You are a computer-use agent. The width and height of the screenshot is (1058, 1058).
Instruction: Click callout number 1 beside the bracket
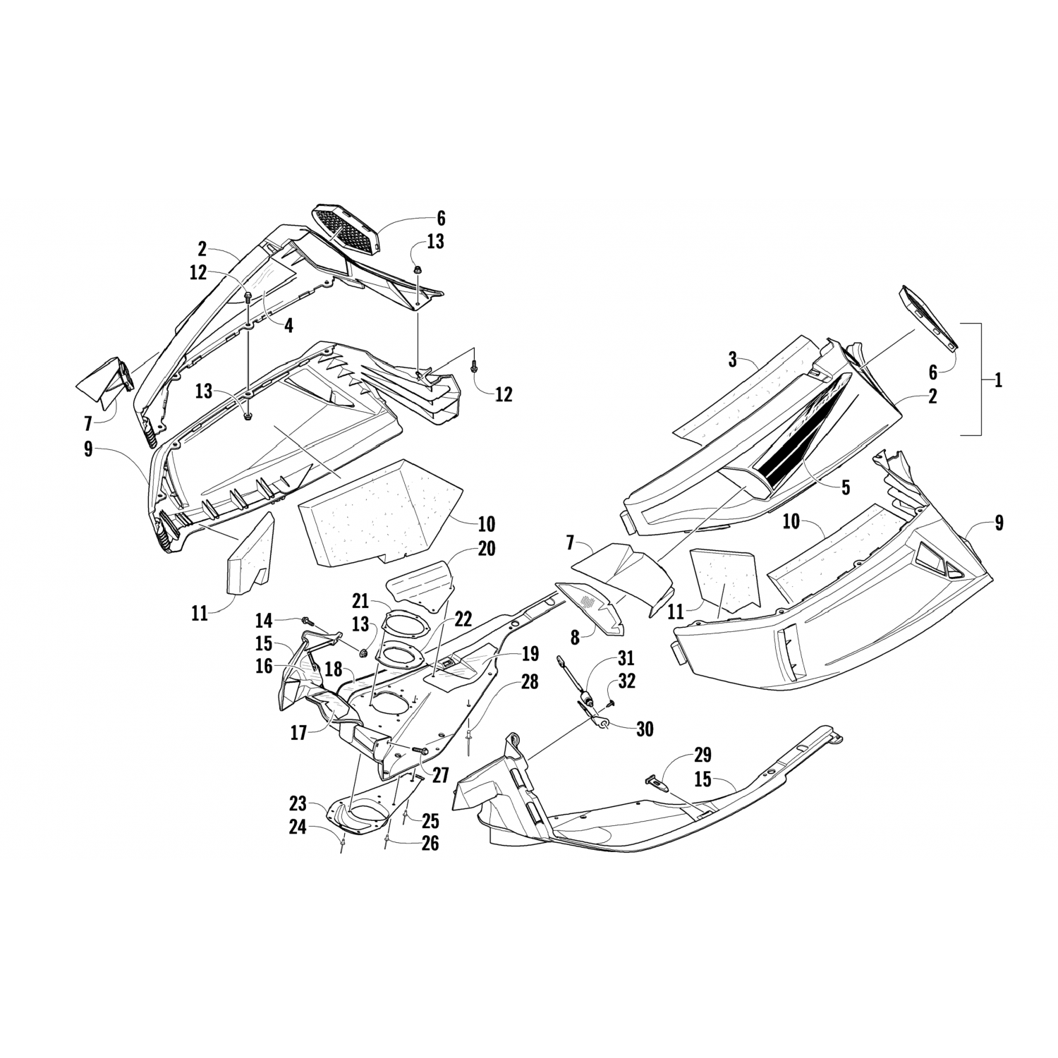(x=998, y=380)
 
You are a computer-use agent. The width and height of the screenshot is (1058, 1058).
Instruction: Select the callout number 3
(x=733, y=360)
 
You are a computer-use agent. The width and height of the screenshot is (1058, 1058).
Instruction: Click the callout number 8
(x=575, y=637)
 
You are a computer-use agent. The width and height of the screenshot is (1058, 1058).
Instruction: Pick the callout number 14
(x=264, y=621)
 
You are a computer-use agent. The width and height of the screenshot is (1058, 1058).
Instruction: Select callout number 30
(x=644, y=729)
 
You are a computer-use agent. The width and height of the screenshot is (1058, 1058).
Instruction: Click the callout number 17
(x=298, y=734)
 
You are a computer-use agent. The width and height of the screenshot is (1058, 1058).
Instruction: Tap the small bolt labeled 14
(x=307, y=621)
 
